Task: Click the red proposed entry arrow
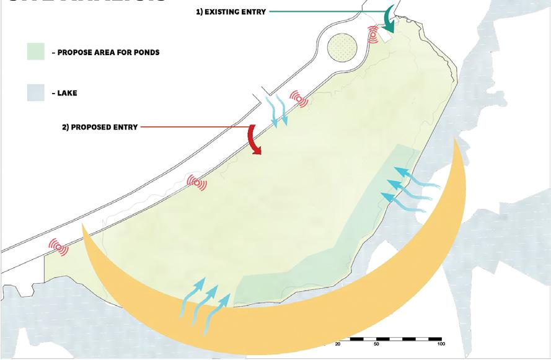click(254, 139)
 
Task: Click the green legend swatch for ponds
click(37, 52)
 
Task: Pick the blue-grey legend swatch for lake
click(37, 93)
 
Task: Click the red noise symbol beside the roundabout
click(373, 34)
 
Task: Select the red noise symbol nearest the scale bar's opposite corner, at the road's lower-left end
click(59, 247)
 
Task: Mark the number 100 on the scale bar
click(441, 344)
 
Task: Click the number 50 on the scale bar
click(377, 344)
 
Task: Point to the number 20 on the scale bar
click(338, 344)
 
